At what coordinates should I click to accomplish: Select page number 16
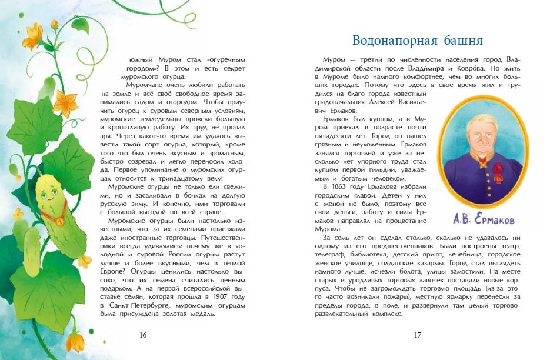[x=142, y=335]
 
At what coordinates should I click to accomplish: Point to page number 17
[x=418, y=335]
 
